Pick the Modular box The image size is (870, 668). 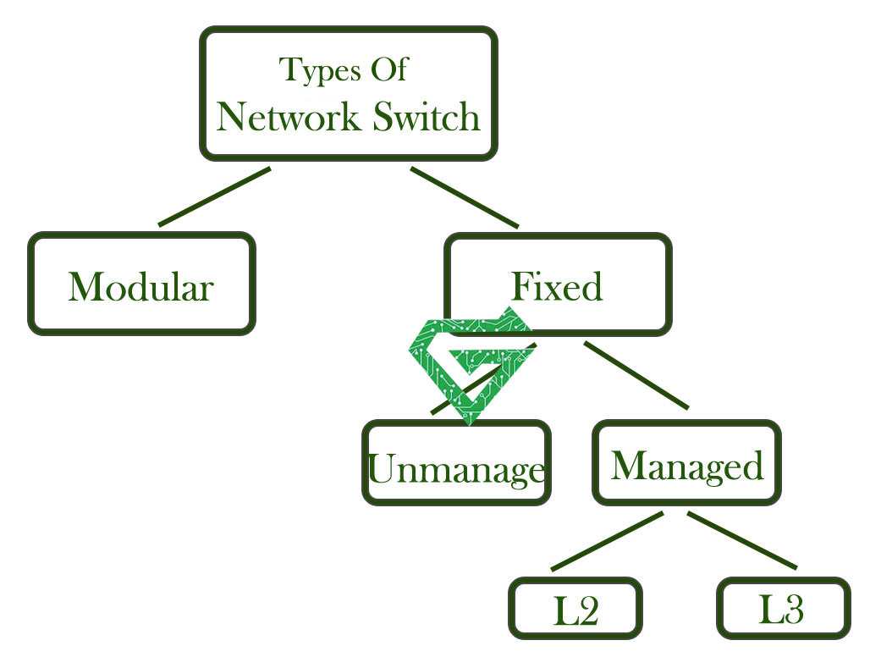point(141,284)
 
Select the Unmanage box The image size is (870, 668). point(456,463)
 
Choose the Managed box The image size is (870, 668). point(686,463)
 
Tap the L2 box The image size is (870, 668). point(575,608)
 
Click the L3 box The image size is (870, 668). point(782,608)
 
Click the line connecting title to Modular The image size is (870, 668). point(213,197)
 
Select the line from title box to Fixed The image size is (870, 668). point(464,197)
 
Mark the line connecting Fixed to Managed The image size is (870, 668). point(636,375)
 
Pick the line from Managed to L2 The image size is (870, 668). point(606,541)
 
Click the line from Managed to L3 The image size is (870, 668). point(741,540)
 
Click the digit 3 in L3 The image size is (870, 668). point(793,610)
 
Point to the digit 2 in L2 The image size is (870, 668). point(587,611)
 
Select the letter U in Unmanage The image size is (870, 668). point(380,469)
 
